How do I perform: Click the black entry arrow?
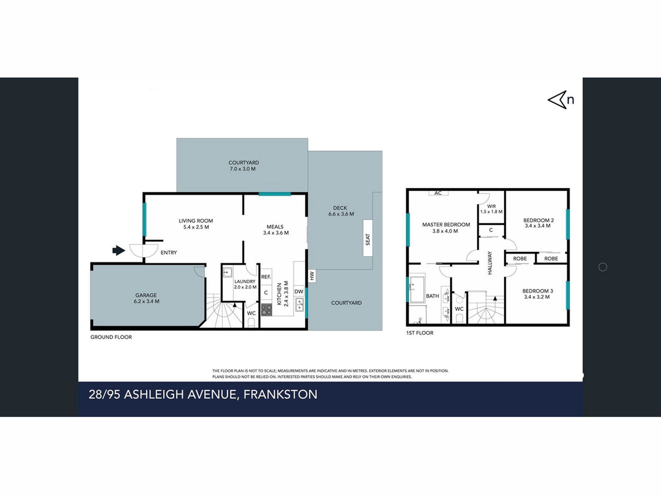pyautogui.click(x=119, y=250)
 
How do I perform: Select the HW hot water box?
pyautogui.click(x=312, y=276)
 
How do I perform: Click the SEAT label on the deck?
pyautogui.click(x=368, y=238)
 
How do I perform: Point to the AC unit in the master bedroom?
pyautogui.click(x=438, y=193)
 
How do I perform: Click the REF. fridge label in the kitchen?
pyautogui.click(x=266, y=277)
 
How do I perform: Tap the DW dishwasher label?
pyautogui.click(x=299, y=291)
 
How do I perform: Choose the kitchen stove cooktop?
pyautogui.click(x=266, y=310)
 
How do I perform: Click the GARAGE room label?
pyautogui.click(x=146, y=295)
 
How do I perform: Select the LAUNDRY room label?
pyautogui.click(x=245, y=281)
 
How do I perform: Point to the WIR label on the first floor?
pyautogui.click(x=491, y=206)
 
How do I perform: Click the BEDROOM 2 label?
pyautogui.click(x=538, y=220)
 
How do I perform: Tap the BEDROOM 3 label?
pyautogui.click(x=538, y=291)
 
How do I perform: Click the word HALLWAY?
pyautogui.click(x=490, y=263)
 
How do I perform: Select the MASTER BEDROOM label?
pyautogui.click(x=446, y=225)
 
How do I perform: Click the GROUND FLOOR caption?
pyautogui.click(x=111, y=337)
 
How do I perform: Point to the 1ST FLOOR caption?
pyautogui.click(x=420, y=333)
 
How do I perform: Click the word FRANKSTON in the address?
pyautogui.click(x=280, y=394)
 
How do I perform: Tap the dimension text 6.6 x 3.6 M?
pyautogui.click(x=341, y=214)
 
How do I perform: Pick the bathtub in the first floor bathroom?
pyautogui.click(x=417, y=289)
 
